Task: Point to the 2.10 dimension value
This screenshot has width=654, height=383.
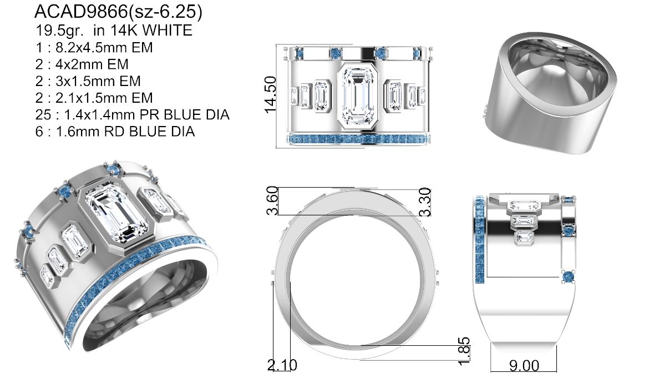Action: pos(282,365)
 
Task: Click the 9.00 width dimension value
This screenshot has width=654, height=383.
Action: pos(523,366)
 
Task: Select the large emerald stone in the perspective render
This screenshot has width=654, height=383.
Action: pos(116,214)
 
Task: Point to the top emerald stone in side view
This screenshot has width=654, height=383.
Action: pos(524,206)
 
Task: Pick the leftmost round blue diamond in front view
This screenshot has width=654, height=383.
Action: pos(300,54)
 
